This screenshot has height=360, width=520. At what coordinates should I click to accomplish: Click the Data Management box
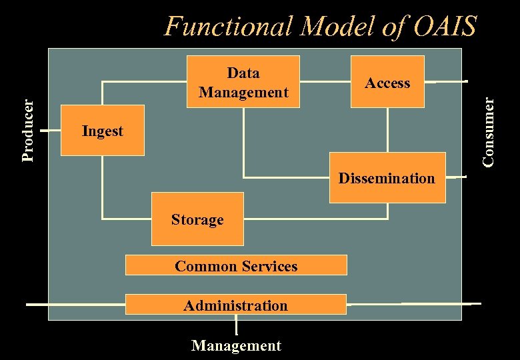(243, 81)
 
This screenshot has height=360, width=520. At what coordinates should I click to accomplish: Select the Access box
(388, 82)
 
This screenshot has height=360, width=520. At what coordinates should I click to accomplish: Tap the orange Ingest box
(102, 131)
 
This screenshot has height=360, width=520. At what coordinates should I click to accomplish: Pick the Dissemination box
(387, 177)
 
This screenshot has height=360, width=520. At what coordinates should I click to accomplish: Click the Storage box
(197, 219)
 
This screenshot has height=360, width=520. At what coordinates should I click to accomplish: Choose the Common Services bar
(236, 265)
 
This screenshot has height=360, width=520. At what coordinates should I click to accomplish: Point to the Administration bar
(235, 305)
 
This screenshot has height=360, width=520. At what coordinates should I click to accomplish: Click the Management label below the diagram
(236, 345)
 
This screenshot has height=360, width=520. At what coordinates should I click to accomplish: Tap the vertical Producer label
(27, 130)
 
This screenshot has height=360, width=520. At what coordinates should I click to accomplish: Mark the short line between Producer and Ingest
(51, 131)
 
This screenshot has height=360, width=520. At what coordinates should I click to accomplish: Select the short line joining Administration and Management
(236, 325)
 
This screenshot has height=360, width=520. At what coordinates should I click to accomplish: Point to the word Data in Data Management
(243, 73)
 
